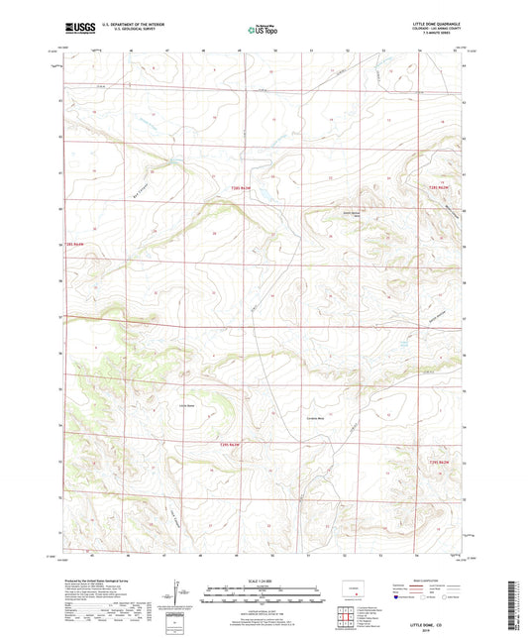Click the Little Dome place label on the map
pyautogui.click(x=185, y=404)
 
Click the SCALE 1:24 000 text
pyautogui.click(x=263, y=578)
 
